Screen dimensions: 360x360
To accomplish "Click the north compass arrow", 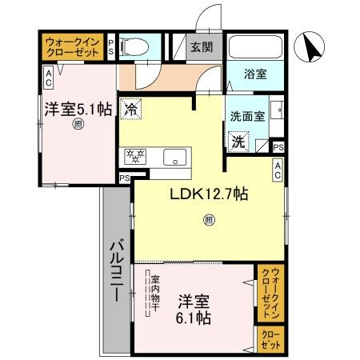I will [311, 48].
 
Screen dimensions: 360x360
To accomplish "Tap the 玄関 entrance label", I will [201, 46].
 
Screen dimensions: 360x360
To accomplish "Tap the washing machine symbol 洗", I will [238, 142].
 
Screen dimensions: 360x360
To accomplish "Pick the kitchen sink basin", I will [174, 157].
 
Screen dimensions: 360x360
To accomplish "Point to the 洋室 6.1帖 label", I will [194, 310].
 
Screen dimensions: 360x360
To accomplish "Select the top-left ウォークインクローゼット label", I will [72, 46].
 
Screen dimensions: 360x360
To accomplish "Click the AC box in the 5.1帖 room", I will [48, 77].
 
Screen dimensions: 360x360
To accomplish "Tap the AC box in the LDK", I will [277, 168].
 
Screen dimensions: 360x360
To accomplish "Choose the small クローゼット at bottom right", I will [270, 339].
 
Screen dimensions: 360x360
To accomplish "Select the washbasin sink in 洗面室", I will [275, 111].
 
